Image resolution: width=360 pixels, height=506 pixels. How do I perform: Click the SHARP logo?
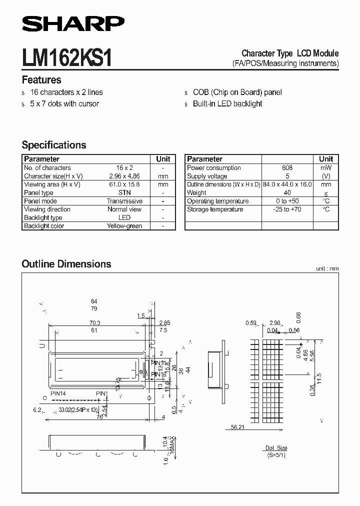tap(73, 23)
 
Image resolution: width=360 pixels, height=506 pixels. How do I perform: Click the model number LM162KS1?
tap(66, 58)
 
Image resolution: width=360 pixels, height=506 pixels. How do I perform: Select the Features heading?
tap(41, 80)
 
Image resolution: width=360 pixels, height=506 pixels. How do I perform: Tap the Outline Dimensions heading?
tap(66, 264)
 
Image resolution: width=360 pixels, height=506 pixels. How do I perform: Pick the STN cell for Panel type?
tap(124, 192)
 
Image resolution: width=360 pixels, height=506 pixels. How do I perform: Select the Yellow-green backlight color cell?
tap(124, 226)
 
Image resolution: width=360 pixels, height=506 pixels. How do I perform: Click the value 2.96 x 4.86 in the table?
tap(124, 176)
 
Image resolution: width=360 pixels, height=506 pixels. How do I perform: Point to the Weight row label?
tap(196, 192)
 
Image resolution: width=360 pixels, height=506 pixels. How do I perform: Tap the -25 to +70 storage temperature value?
tap(287, 209)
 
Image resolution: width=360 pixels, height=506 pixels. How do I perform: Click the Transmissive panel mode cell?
tap(124, 201)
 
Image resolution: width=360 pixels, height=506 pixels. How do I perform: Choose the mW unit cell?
tap(326, 168)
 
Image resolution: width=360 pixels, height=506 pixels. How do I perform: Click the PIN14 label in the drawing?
tap(58, 393)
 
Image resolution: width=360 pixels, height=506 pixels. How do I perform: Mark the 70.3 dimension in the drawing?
tap(94, 323)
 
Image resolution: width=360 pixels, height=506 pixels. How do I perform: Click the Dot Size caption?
tap(276, 448)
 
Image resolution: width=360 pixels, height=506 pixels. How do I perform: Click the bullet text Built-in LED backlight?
tap(227, 104)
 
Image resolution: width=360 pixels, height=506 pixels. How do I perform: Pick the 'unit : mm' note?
tap(327, 268)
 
